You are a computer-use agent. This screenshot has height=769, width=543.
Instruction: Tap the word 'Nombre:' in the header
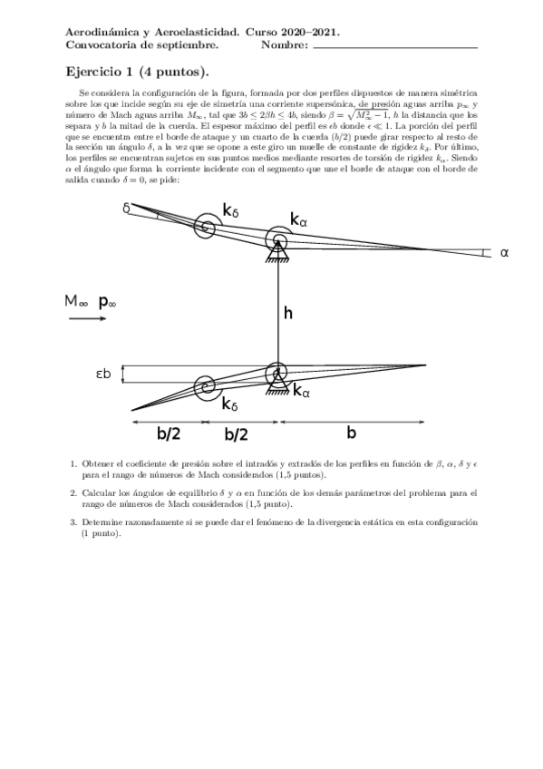click(284, 44)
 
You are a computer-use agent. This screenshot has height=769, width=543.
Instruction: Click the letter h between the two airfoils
click(288, 313)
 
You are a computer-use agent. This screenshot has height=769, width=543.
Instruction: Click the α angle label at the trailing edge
click(504, 253)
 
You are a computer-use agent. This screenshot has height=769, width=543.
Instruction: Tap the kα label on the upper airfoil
click(299, 219)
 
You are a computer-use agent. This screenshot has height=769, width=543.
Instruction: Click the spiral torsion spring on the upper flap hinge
click(204, 228)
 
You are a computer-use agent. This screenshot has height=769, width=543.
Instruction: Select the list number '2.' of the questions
click(73, 492)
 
